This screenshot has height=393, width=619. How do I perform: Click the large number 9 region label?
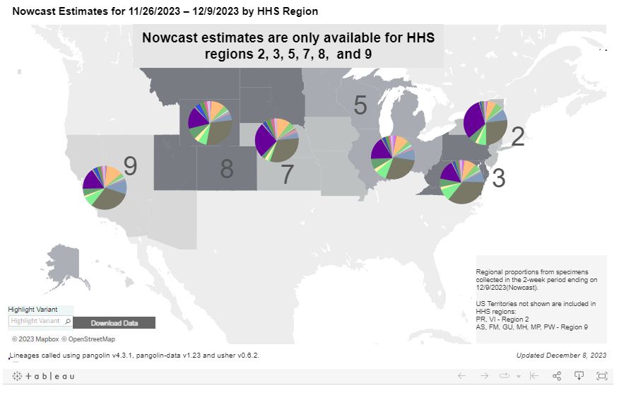[x=130, y=167]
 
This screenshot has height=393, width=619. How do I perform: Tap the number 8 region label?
[x=226, y=169]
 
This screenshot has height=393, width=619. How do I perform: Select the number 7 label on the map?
[x=287, y=175]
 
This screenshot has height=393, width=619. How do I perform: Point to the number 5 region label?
[x=360, y=106]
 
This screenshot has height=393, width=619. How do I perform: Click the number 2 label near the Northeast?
[x=517, y=137]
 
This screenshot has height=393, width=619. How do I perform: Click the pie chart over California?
[x=105, y=187]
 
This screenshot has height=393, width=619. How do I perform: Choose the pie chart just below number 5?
[x=393, y=157]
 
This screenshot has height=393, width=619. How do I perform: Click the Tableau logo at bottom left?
[x=44, y=376]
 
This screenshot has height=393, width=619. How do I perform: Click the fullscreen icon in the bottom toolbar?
[x=601, y=376]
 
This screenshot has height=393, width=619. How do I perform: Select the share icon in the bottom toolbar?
[x=557, y=376]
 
